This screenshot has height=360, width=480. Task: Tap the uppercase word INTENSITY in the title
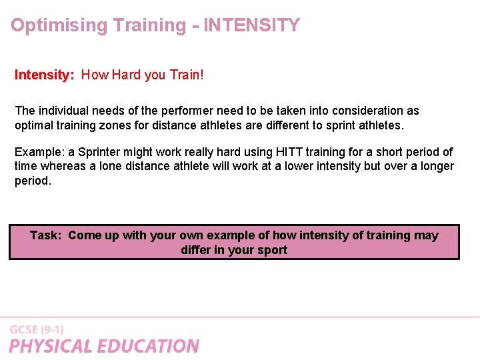(x=251, y=26)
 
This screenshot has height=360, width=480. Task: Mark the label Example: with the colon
(x=39, y=152)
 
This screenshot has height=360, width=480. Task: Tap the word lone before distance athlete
(x=111, y=166)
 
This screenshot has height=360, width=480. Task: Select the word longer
(x=437, y=166)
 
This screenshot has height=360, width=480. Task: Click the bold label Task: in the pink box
(x=46, y=235)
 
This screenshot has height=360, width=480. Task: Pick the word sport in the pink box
(x=272, y=250)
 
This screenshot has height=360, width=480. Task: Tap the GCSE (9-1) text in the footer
(x=37, y=330)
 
